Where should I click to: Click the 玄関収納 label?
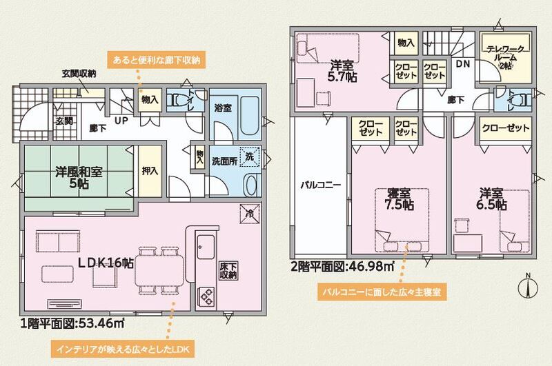(79, 74)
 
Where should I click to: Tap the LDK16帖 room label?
(106, 263)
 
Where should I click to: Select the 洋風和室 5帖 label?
(79, 177)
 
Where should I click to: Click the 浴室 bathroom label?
(223, 108)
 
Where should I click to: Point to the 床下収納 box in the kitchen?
(228, 271)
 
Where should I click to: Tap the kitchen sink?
(206, 247)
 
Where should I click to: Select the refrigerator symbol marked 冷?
(250, 214)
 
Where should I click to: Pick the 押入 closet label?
(150, 171)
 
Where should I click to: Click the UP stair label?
(121, 121)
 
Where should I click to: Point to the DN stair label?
(463, 63)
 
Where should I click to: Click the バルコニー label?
(320, 185)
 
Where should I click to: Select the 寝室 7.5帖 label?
(399, 199)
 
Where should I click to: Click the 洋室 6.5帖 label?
(492, 199)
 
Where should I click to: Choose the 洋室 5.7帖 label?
(342, 71)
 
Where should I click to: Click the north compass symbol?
(528, 287)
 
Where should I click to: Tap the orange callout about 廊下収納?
(157, 60)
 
